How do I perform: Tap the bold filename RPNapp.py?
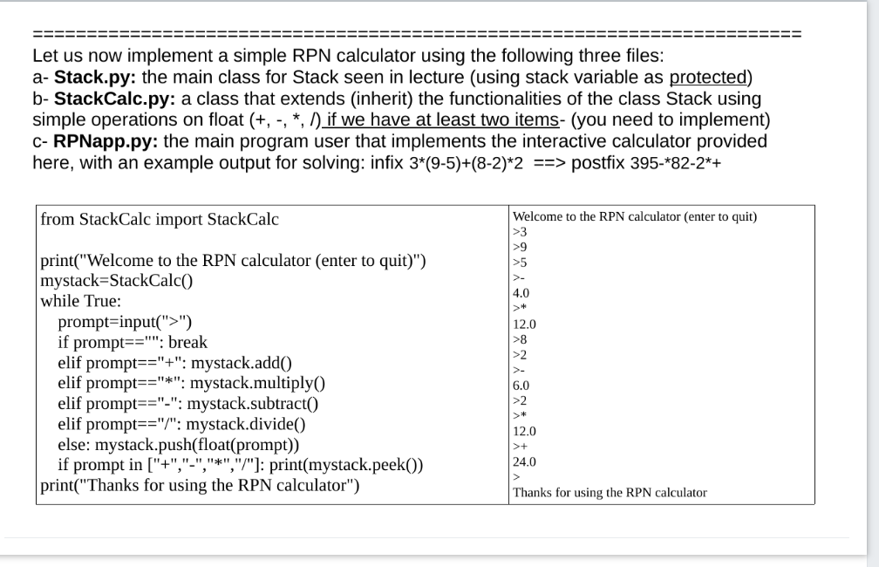[x=106, y=141]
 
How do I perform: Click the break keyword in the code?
[x=187, y=342]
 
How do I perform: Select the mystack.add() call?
[x=241, y=363]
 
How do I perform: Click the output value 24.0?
[x=525, y=461]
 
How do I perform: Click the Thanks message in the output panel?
[x=610, y=493]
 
